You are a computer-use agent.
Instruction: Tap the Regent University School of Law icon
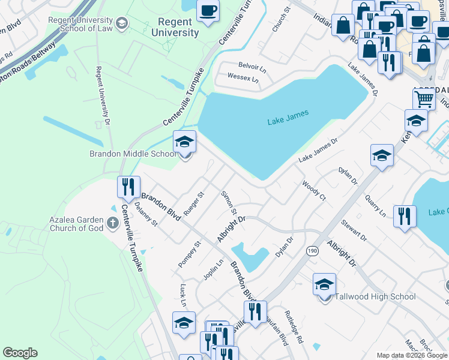click(x=122, y=23)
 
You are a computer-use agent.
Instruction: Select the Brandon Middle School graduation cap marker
click(x=185, y=142)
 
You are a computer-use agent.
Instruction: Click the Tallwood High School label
click(x=375, y=296)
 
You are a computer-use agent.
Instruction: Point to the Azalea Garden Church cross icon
click(x=112, y=224)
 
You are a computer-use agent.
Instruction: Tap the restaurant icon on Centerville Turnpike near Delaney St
click(x=128, y=187)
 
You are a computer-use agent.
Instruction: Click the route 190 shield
click(x=312, y=251)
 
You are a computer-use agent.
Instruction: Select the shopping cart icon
click(x=424, y=98)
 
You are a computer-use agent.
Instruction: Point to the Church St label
click(x=280, y=19)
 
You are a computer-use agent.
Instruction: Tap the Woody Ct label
click(x=313, y=190)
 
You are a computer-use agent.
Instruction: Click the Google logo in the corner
click(x=20, y=353)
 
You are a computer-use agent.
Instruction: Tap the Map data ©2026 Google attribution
click(x=412, y=355)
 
